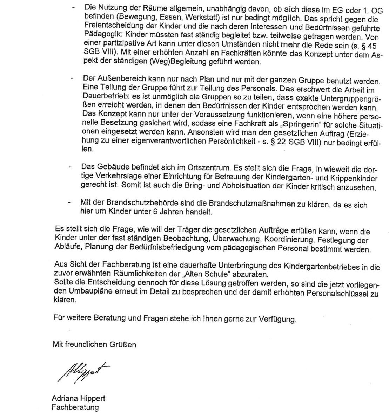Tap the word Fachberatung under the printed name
tap(75, 407)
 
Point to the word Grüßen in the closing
tap(124, 344)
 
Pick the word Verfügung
tap(277, 319)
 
